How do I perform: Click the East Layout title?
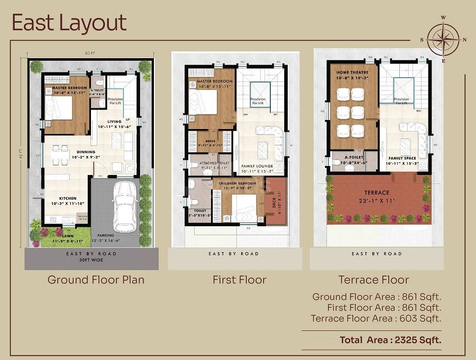pyautogui.click(x=69, y=23)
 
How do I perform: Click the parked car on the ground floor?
pyautogui.click(x=125, y=206)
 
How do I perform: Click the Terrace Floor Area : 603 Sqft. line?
pyautogui.click(x=376, y=318)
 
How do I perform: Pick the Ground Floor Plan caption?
pyautogui.click(x=96, y=280)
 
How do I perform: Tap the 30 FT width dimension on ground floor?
pyautogui.click(x=90, y=53)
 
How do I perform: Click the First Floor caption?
pyautogui.click(x=240, y=280)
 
